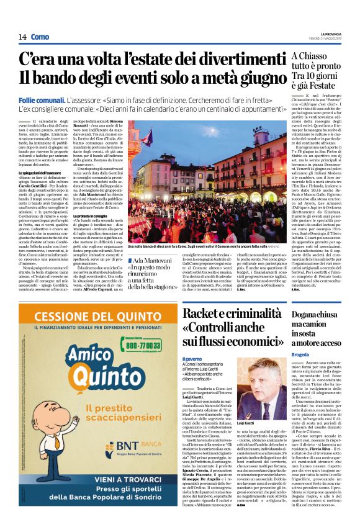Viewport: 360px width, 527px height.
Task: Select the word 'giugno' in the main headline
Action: tap(252, 79)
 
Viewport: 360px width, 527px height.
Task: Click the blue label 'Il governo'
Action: tap(192, 358)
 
